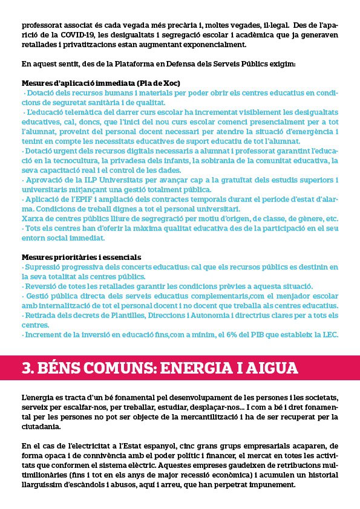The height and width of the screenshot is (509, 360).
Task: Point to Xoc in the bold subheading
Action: (171, 82)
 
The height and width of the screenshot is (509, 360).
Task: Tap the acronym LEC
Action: (329, 335)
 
